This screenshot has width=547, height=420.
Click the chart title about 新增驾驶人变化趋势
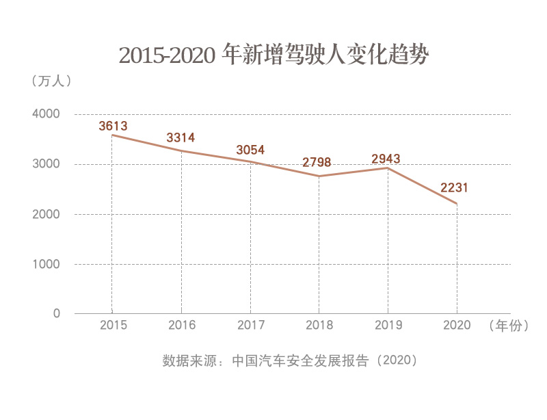tap(273, 55)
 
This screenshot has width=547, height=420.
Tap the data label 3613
tap(113, 126)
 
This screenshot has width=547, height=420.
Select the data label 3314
tap(181, 138)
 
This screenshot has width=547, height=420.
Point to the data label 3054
tap(250, 150)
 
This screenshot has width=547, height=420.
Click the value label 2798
tap(317, 162)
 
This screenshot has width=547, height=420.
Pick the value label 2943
tap(386, 159)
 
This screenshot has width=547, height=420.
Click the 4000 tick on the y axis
tap(46, 114)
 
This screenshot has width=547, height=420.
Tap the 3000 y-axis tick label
tap(46, 164)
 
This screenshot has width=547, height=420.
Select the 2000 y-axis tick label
tap(46, 214)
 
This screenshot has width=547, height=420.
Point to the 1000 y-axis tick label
tap(46, 264)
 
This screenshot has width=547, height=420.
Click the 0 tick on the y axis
tap(57, 314)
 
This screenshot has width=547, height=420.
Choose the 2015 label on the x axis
tap(113, 326)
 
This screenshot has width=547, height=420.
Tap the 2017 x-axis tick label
tap(251, 326)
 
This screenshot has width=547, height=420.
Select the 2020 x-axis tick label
tap(457, 326)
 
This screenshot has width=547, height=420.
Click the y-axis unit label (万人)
tap(51, 80)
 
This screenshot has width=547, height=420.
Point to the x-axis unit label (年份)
tap(509, 326)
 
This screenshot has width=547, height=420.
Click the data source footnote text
tap(290, 360)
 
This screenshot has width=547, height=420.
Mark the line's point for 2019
tap(388, 168)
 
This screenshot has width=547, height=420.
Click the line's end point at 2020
tap(457, 204)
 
